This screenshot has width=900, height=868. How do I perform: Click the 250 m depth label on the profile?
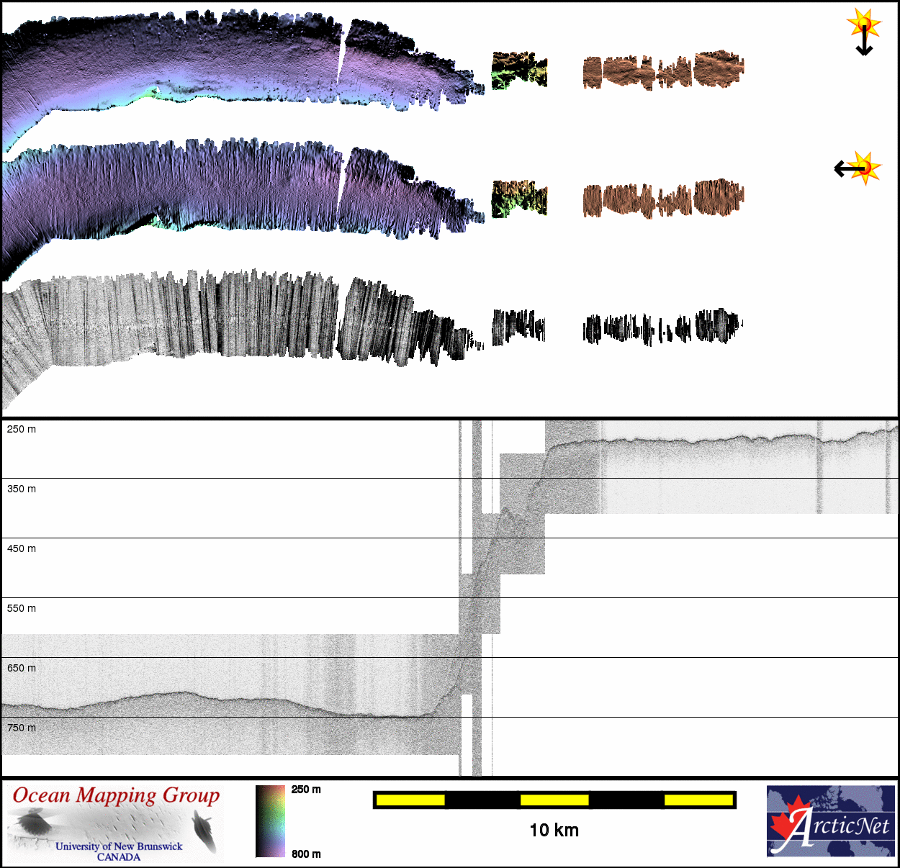(22, 430)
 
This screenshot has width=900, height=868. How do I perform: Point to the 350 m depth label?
(22, 489)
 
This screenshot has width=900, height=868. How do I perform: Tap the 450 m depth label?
(22, 549)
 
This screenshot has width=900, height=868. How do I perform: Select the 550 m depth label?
(22, 609)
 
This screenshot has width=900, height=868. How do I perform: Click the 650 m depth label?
(22, 669)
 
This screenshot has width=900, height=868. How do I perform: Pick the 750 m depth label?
(22, 728)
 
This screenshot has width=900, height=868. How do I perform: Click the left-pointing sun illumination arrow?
(850, 169)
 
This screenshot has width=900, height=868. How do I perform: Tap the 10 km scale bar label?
(554, 831)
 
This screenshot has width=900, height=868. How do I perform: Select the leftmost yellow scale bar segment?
(410, 800)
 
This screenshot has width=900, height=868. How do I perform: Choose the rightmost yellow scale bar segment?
(698, 800)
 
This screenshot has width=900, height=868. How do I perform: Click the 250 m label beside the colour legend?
(306, 790)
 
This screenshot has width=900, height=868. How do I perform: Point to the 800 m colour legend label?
(306, 854)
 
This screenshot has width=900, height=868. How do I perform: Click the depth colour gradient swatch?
(270, 821)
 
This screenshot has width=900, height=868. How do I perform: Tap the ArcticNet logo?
(831, 821)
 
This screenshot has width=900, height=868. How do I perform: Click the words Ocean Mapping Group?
(116, 795)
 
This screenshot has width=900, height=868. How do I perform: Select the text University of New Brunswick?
(119, 846)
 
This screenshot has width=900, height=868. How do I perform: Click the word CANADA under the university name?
(119, 857)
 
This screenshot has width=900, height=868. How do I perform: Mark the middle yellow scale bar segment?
(554, 800)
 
